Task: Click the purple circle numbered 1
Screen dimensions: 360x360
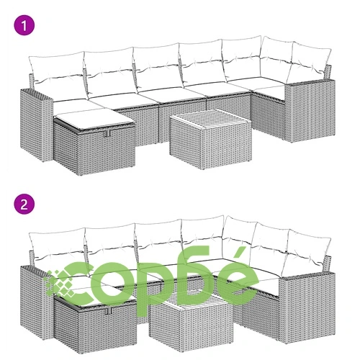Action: (x=24, y=25)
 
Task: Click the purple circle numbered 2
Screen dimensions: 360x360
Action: (x=24, y=204)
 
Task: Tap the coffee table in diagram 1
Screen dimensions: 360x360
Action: (x=211, y=139)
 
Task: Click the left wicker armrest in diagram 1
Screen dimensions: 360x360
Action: (x=37, y=125)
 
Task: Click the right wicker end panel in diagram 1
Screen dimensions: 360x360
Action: (x=310, y=110)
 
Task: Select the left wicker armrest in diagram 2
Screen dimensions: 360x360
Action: (x=36, y=302)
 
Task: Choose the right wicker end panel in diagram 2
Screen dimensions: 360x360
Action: (x=307, y=308)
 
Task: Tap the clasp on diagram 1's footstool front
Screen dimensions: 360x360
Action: (x=108, y=133)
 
